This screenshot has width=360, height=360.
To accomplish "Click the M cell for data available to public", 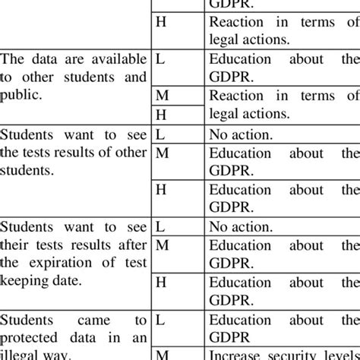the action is point(161,96).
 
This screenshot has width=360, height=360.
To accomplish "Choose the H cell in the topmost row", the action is point(160,23).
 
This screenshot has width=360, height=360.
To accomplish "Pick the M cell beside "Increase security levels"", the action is point(161,354).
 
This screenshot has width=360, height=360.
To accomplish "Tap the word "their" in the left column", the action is point(17,245).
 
